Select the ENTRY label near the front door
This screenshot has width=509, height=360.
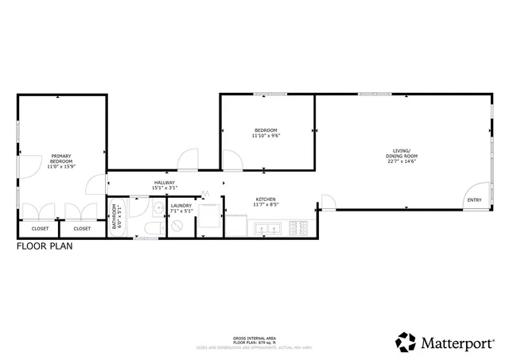coord(474,199)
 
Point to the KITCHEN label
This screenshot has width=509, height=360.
coord(266,199)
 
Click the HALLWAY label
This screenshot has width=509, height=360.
coord(165,183)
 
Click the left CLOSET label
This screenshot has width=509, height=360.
coord(40,229)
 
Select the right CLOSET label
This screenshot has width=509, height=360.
coord(82,229)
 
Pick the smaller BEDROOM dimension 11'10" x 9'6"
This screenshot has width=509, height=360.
coord(266,136)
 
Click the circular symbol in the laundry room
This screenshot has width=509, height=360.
coord(178,226)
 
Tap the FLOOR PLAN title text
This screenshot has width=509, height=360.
coord(45,247)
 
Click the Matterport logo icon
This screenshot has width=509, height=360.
coord(406,342)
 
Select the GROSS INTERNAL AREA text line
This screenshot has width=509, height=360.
coord(254,337)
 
